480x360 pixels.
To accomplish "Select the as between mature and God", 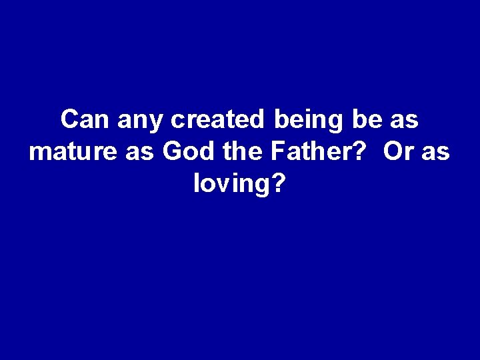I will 139,153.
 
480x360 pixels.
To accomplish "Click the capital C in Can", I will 69,121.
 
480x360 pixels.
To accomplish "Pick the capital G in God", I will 170,151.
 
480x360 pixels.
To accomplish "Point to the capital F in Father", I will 277,151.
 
